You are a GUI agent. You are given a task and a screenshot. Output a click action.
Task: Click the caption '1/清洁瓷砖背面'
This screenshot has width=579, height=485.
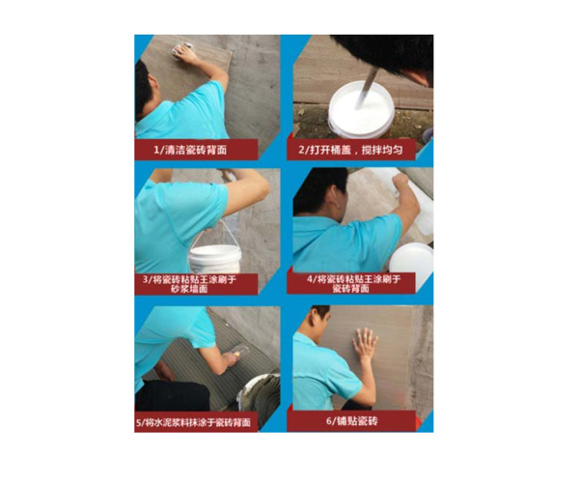(190, 150)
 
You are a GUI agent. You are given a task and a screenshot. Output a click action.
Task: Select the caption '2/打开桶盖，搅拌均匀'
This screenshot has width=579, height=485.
(350, 150)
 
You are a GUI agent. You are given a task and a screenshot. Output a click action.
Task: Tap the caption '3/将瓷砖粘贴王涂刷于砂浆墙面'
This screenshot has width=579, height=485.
(189, 284)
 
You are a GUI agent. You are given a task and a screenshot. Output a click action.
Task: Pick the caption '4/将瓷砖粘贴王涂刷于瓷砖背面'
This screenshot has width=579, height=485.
(353, 283)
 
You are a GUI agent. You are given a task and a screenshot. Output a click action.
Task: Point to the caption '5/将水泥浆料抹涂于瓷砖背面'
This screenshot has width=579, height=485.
(193, 422)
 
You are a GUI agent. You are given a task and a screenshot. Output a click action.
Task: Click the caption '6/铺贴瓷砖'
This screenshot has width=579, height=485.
(352, 420)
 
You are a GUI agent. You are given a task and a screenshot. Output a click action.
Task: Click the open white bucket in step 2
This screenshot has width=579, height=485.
(361, 110)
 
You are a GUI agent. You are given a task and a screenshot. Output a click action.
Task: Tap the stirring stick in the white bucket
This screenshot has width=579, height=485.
(367, 88)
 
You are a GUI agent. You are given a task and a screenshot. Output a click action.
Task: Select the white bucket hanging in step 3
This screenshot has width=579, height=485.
(215, 258)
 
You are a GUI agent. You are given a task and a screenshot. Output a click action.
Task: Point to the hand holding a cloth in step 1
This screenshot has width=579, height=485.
(183, 52)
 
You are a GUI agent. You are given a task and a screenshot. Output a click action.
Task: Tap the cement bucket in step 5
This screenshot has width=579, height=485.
(259, 392)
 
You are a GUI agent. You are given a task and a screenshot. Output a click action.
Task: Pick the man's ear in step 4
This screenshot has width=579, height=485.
(335, 194)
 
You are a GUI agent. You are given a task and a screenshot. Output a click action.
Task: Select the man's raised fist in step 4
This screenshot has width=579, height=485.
(400, 182)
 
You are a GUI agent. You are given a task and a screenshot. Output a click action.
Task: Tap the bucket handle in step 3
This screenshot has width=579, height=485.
(214, 233)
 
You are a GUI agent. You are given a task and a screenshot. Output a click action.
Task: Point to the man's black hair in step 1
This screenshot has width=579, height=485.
(143, 89)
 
